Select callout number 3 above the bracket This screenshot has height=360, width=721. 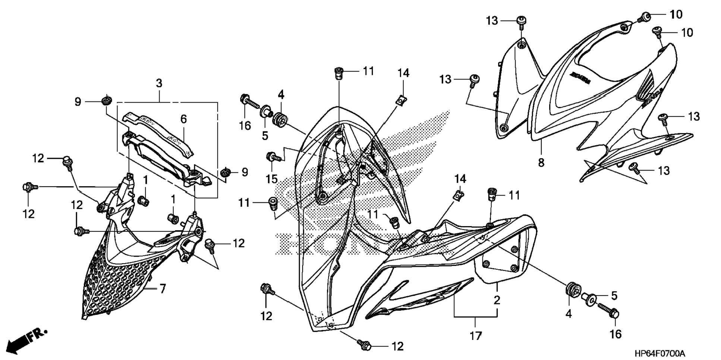(159, 84)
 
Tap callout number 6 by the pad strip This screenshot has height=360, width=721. (183, 119)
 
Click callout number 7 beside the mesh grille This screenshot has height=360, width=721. (163, 289)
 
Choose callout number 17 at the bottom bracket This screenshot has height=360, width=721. (476, 335)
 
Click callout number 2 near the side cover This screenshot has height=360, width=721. (497, 300)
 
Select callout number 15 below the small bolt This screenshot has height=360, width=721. (271, 179)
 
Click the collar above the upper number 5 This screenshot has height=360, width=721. (266, 110)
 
